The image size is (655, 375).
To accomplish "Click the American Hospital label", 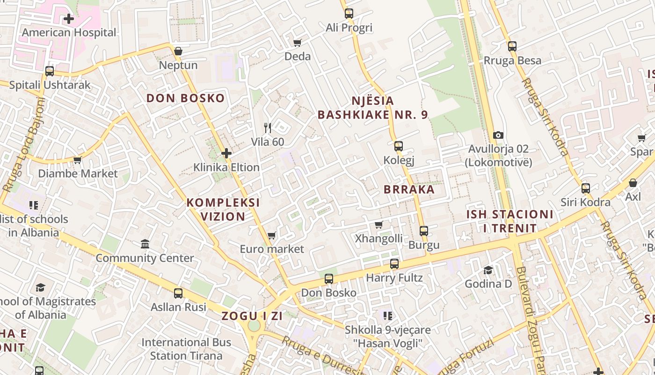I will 69,33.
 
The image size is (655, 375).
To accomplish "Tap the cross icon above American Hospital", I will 69,19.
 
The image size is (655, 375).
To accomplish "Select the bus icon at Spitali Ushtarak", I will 50,71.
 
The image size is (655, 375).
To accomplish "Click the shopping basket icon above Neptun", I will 178,51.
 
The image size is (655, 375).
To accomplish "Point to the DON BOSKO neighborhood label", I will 185,98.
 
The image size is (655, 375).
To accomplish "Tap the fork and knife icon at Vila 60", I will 268,127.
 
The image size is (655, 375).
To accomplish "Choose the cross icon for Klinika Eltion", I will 226,153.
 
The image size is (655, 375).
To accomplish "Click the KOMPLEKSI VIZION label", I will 223,210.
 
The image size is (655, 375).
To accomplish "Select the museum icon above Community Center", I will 145,244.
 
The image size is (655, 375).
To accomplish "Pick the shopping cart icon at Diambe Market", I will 78,160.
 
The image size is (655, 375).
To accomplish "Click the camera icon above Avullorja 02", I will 498,135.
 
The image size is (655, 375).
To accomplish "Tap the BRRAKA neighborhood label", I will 409,190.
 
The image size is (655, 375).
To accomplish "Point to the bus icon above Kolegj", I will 399,146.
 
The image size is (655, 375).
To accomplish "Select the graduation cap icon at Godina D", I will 488,270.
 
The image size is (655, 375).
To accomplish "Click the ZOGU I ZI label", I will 252,316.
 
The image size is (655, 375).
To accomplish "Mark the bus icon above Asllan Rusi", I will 178,293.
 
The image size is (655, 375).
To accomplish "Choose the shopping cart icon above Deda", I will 298,43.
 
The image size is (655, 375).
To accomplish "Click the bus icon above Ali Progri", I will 349,14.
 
